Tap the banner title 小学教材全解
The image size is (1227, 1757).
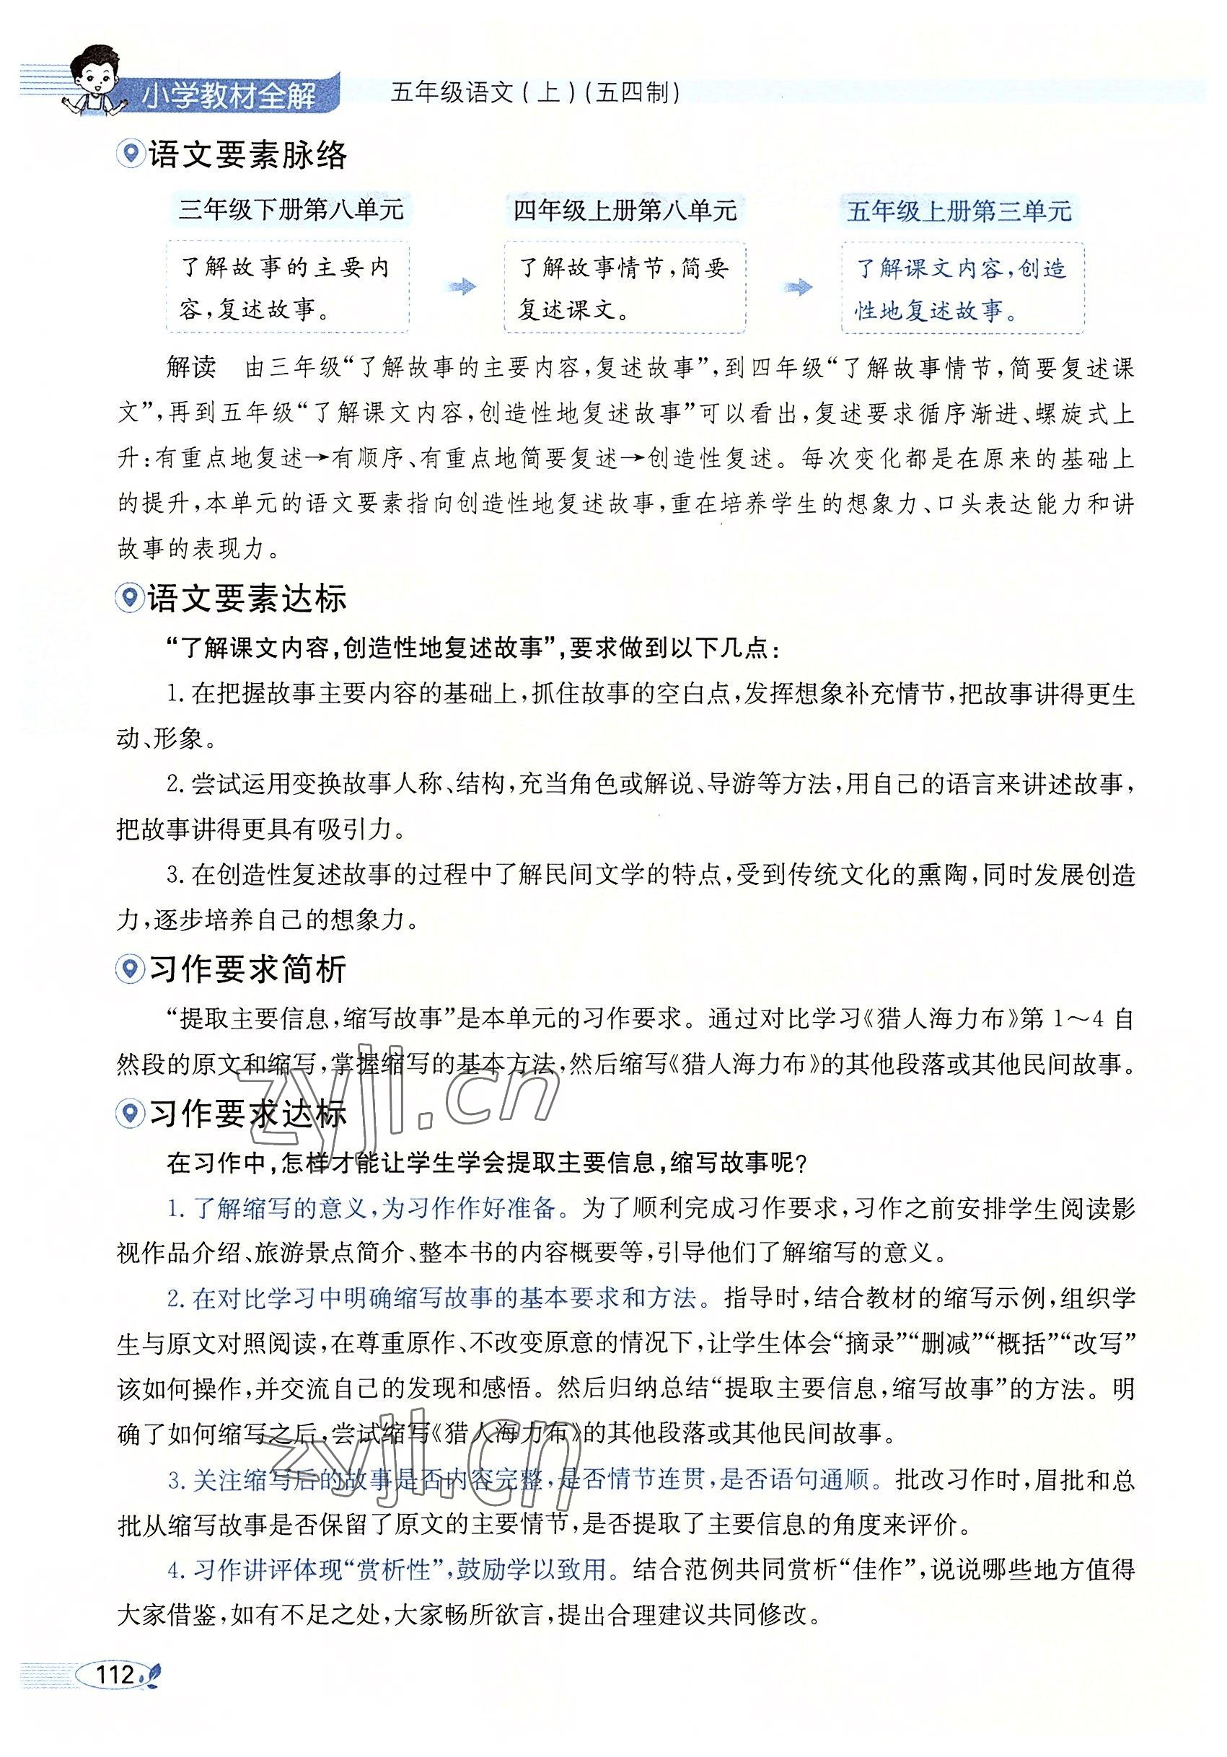[x=229, y=97]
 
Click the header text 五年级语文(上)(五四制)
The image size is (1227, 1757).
[x=535, y=93]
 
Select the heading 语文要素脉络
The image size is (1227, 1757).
[x=247, y=155]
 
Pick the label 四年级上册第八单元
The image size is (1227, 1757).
[x=625, y=210]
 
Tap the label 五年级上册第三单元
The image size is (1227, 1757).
[x=959, y=211]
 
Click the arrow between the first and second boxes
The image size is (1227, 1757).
[x=459, y=288]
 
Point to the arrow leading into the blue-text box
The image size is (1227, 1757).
[x=798, y=288]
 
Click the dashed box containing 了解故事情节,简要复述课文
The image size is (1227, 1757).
[x=624, y=288]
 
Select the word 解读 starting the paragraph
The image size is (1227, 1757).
[x=190, y=367]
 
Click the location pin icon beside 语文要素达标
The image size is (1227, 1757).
[x=129, y=598]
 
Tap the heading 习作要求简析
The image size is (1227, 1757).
[x=247, y=969]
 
